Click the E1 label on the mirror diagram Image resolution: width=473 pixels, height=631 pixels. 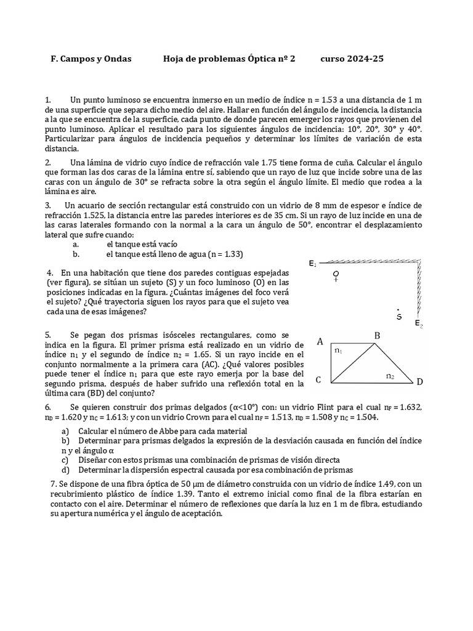(x=313, y=264)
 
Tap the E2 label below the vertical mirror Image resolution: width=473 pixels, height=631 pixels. (x=419, y=324)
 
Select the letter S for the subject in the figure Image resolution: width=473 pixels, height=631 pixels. (x=400, y=316)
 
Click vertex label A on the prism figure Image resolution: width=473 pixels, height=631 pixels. (x=320, y=341)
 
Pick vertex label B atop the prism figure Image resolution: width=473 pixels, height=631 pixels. (x=378, y=336)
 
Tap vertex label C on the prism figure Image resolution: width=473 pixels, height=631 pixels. (x=318, y=380)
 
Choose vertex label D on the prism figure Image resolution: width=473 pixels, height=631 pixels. (x=419, y=382)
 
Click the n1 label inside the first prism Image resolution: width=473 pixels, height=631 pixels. (x=338, y=351)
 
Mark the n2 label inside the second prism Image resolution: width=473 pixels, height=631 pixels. (x=390, y=375)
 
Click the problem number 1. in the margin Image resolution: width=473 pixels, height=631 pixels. (x=47, y=99)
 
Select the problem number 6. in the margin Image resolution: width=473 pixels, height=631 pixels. (x=47, y=408)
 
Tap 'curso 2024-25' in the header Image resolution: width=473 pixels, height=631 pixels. (x=352, y=59)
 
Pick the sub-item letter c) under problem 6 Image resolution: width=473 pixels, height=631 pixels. (x=65, y=460)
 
